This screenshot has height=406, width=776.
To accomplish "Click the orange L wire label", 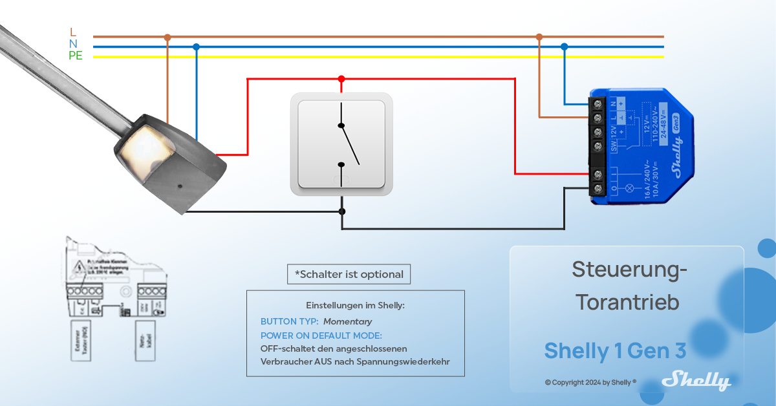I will [73, 32].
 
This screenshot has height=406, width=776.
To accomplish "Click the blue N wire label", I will [73, 43].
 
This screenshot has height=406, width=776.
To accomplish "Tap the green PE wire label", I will [76, 56].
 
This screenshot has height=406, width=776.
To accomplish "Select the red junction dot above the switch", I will [341, 79].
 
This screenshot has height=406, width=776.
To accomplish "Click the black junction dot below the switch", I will [342, 211].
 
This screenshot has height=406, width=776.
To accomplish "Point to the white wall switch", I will [341, 144].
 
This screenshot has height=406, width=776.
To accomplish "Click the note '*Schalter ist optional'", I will [349, 274].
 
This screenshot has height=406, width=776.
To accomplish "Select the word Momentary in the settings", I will [348, 321].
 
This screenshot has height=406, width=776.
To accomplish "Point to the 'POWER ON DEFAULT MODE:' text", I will [321, 336].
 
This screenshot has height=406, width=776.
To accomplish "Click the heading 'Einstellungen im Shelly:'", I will [355, 305].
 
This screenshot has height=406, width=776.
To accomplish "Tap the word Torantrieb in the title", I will [627, 302].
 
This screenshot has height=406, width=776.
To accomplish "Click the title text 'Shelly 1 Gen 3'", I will [615, 350].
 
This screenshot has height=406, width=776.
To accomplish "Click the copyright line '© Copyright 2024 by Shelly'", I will [590, 382].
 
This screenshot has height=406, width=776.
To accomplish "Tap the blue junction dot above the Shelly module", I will [565, 47].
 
